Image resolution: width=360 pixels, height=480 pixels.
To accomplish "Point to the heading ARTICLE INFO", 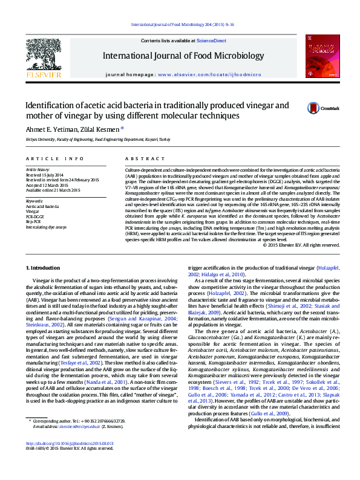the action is pos(55,158).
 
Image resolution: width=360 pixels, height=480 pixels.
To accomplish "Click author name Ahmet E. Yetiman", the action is pos(51,129).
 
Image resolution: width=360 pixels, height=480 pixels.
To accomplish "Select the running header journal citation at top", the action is pos(182,25).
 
